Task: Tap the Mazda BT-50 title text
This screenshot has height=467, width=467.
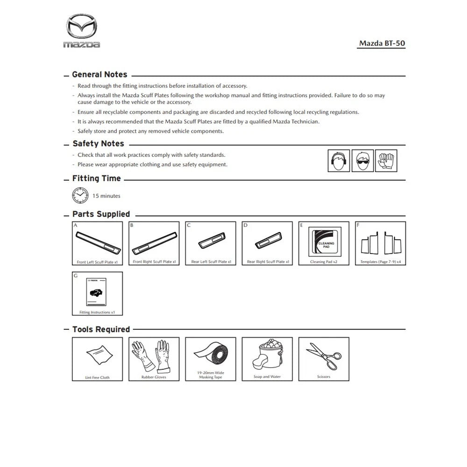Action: click(382, 43)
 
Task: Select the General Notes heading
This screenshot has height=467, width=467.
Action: click(99, 74)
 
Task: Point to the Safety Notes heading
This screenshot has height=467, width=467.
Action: click(98, 144)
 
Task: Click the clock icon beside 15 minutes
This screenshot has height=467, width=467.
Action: click(80, 195)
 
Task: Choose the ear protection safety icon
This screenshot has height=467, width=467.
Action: click(338, 161)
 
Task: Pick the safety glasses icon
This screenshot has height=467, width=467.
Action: click(362, 161)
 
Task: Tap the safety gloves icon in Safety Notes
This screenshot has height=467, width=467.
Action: click(386, 161)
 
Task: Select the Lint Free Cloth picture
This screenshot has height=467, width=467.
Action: click(98, 356)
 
